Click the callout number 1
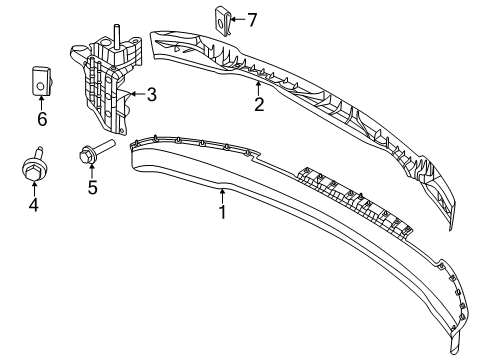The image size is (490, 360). (222, 211)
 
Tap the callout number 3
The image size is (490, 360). (151, 96)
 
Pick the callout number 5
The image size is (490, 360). (91, 187)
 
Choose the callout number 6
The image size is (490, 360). (42, 119)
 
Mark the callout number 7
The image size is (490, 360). (252, 18)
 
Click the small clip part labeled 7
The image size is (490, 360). (221, 19)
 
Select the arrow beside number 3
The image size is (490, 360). (136, 96)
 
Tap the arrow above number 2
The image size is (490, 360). (258, 88)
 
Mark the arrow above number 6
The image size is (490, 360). (42, 101)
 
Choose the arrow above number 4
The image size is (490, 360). (33, 188)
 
